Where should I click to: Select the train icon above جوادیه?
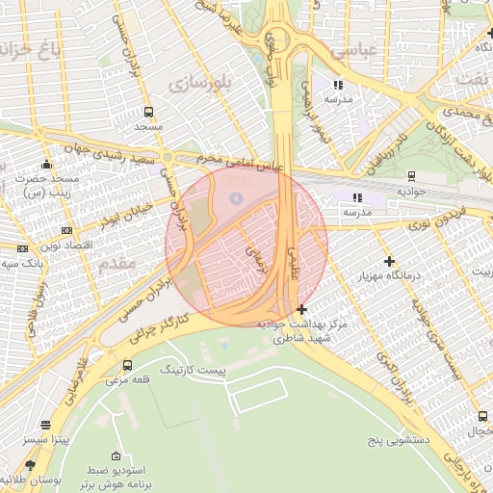tap(411, 175)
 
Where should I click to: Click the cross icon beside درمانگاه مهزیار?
tap(389, 261)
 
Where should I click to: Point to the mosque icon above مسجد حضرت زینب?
tap(45, 164)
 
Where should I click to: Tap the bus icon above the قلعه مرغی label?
tap(128, 365)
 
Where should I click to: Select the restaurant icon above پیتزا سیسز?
tap(45, 425)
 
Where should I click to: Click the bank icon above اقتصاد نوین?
tap(66, 230)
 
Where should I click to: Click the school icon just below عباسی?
tap(338, 85)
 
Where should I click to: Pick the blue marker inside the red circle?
tap(236, 197)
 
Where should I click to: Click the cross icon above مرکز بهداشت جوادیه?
tap(302, 309)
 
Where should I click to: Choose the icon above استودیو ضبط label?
tap(117, 456)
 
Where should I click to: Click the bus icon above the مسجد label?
tap(148, 112)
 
